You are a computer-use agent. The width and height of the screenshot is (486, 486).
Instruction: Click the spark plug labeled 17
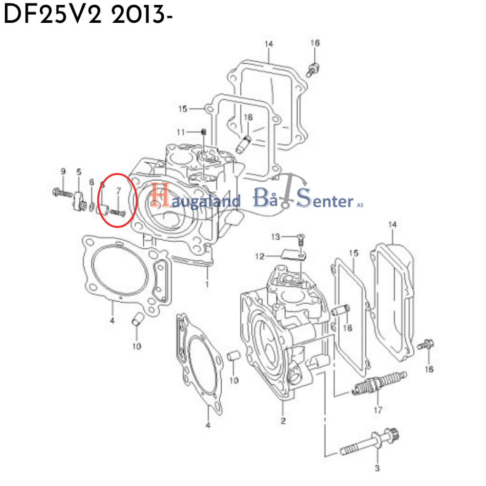tap(379, 384)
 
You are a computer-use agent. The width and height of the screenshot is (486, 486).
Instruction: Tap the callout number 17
tap(378, 410)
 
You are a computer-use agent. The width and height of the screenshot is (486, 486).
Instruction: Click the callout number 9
tap(62, 171)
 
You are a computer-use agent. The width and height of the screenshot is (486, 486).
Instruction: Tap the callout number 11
tap(180, 131)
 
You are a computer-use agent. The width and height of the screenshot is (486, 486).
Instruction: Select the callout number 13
tap(275, 236)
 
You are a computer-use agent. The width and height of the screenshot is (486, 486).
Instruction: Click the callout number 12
tap(259, 257)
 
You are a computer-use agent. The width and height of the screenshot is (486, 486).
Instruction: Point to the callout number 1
tap(207, 284)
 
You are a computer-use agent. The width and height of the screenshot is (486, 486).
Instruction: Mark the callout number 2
tap(283, 421)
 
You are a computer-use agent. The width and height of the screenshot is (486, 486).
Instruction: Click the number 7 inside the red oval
tap(119, 191)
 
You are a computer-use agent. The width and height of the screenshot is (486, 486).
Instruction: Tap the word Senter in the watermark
tap(325, 201)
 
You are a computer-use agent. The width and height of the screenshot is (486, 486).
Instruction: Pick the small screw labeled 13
tap(300, 240)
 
